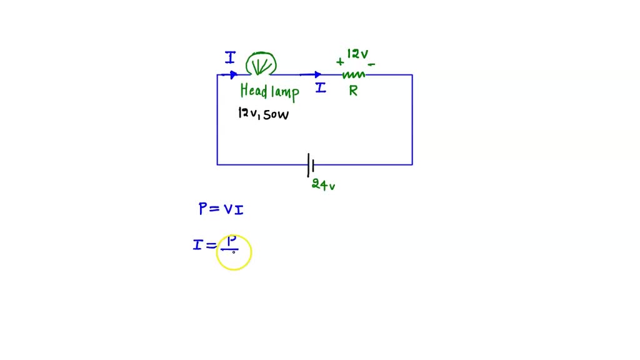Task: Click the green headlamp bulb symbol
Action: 261,64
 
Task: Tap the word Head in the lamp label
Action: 254,91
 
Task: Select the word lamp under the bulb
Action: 285,92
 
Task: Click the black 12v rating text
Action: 247,113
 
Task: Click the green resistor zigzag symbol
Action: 353,74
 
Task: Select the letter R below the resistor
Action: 353,91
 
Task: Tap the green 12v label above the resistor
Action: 357,54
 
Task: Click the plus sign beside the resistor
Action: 340,61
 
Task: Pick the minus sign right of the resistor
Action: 371,64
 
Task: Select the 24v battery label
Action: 323,184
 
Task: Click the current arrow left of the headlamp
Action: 229,75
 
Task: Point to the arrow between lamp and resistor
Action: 311,75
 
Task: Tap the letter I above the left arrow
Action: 230,58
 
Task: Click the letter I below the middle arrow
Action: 320,88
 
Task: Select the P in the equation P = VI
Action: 203,209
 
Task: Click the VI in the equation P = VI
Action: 234,210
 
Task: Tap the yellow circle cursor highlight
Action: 234,252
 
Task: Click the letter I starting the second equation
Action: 197,245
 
